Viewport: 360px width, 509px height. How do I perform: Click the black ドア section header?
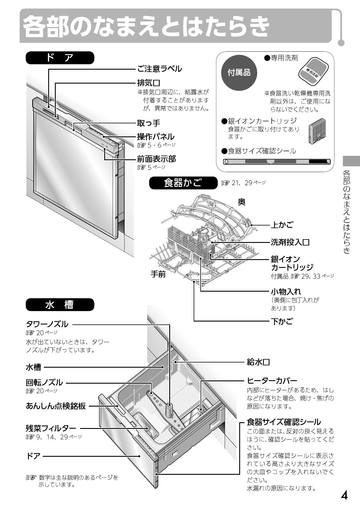pyautogui.click(x=60, y=58)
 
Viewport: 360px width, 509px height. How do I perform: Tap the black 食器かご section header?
pyautogui.click(x=183, y=183)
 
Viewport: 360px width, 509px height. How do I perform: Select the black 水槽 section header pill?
pyautogui.click(x=60, y=305)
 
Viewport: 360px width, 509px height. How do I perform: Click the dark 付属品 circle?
pyautogui.click(x=239, y=73)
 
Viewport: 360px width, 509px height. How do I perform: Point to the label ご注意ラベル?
pyautogui.click(x=159, y=69)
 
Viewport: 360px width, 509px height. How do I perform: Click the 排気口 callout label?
pyautogui.click(x=148, y=84)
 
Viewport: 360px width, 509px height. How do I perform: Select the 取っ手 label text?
pyautogui.click(x=148, y=123)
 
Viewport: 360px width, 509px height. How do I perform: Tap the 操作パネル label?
pyautogui.click(x=156, y=136)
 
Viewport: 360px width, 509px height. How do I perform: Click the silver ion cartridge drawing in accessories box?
pyautogui.click(x=317, y=131)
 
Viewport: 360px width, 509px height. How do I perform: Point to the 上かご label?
pyautogui.click(x=282, y=225)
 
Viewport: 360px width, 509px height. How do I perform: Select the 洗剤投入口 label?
pyautogui.click(x=290, y=242)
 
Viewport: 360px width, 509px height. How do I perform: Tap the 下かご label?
pyautogui.click(x=282, y=321)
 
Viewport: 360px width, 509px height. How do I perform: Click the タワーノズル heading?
pyautogui.click(x=47, y=324)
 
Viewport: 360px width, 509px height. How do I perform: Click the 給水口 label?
pyautogui.click(x=258, y=362)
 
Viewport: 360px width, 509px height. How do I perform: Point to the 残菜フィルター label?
pyautogui.click(x=51, y=428)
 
